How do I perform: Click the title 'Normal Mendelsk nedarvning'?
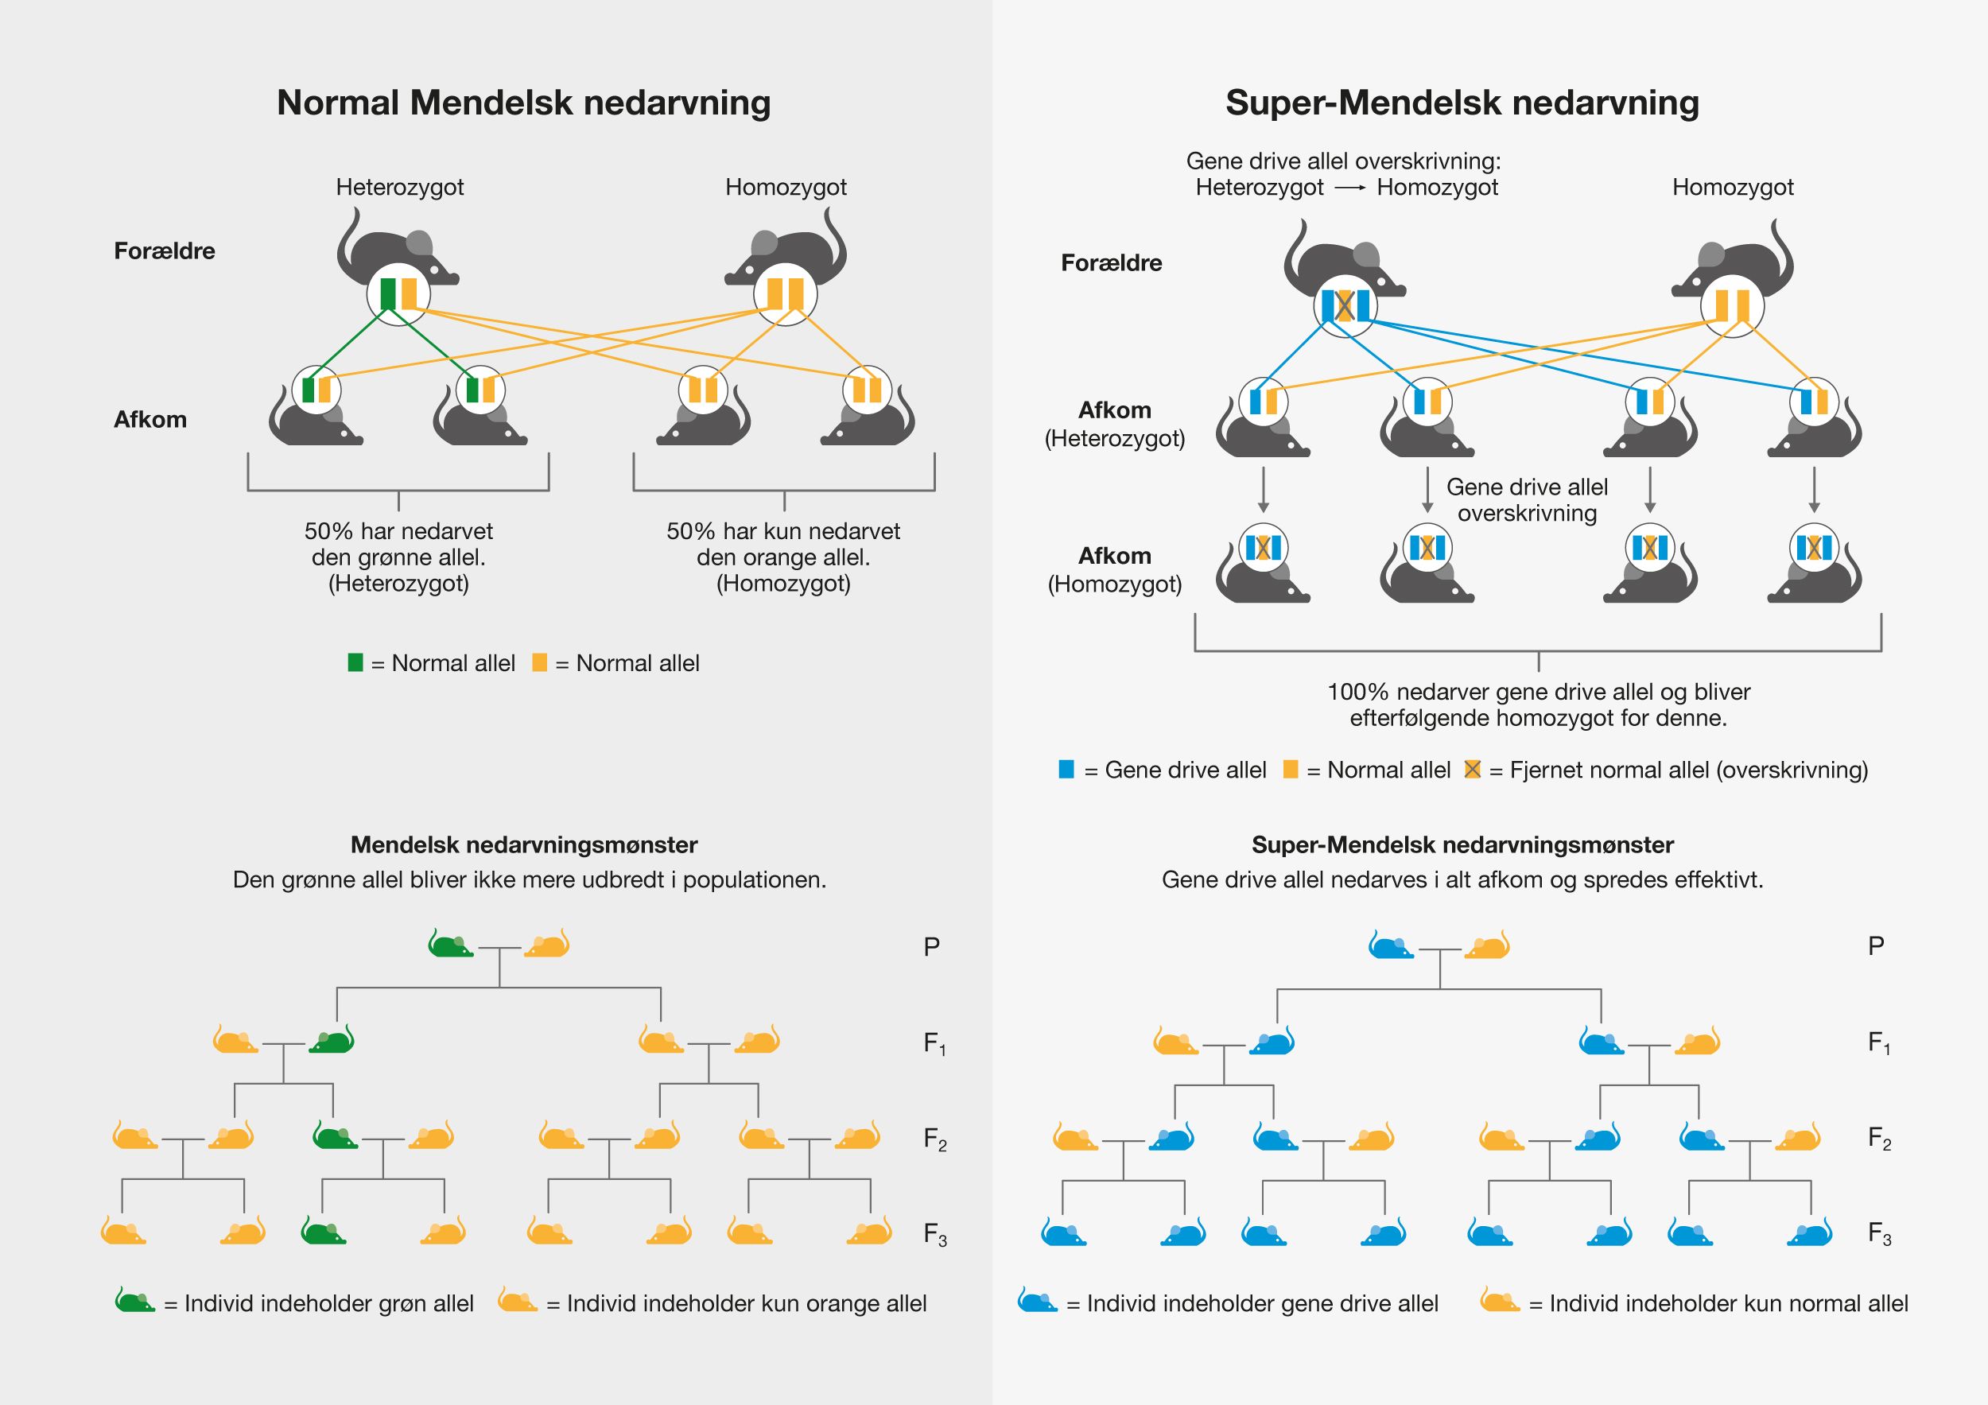tap(523, 102)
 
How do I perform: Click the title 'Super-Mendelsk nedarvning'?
tap(1462, 102)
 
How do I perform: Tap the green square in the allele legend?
tap(355, 663)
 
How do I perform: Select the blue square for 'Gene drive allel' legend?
tap(1066, 770)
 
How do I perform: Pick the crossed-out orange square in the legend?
tap(1472, 770)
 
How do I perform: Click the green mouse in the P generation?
tap(450, 945)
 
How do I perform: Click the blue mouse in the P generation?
tap(1391, 945)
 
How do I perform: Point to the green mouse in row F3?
tap(323, 1231)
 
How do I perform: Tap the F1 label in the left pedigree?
tap(934, 1043)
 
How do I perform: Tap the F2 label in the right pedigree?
tap(1879, 1138)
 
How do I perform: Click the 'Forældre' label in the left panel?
tap(165, 251)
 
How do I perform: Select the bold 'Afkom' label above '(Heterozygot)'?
tap(1114, 410)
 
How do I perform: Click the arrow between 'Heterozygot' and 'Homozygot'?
tap(1350, 188)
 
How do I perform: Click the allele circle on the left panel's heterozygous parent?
tap(398, 294)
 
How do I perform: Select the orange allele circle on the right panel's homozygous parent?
tap(1732, 305)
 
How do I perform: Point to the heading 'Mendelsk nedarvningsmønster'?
tap(524, 845)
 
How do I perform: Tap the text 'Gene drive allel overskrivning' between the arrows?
tap(1527, 499)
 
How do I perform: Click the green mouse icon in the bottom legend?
tap(135, 1301)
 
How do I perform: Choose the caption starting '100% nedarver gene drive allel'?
tap(1538, 704)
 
